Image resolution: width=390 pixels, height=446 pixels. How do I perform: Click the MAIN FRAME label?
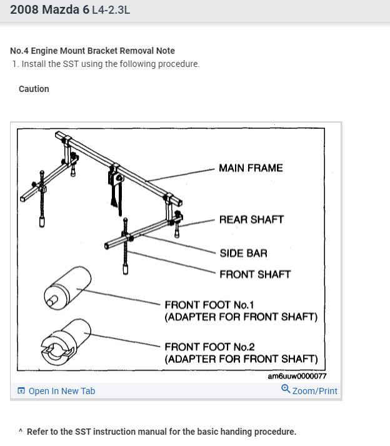click(x=251, y=168)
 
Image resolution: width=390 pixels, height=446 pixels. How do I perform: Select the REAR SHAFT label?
click(x=251, y=220)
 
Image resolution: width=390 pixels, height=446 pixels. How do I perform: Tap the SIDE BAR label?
click(x=243, y=253)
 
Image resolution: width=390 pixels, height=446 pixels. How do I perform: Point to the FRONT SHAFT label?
click(x=255, y=274)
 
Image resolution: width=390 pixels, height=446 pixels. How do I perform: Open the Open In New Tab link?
click(x=62, y=391)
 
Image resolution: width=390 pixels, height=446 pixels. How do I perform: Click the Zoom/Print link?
click(x=314, y=391)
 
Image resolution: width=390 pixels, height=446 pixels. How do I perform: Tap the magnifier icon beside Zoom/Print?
click(x=286, y=389)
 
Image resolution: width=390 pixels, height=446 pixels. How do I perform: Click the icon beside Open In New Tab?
click(x=21, y=391)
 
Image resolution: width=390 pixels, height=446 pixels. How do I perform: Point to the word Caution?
click(x=34, y=89)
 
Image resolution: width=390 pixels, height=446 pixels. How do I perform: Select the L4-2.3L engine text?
click(x=111, y=11)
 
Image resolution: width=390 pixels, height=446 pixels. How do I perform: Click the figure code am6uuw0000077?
click(x=297, y=377)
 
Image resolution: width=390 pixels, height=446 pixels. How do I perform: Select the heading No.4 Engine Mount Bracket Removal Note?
click(x=92, y=51)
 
